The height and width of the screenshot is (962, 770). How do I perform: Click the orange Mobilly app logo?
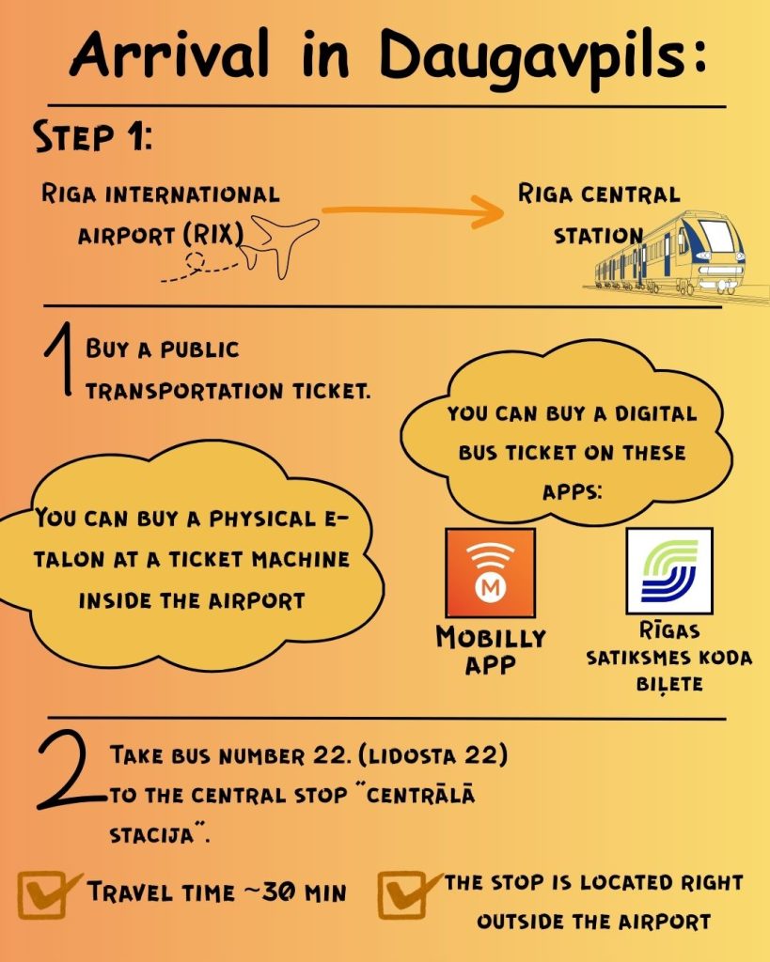[x=489, y=573]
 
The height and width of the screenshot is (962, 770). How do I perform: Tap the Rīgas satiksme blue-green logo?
[x=668, y=570]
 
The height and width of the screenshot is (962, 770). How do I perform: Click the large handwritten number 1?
[x=57, y=366]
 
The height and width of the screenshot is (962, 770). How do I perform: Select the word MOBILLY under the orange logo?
[x=490, y=638]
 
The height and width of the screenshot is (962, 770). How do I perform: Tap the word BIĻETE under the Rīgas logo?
[x=668, y=684]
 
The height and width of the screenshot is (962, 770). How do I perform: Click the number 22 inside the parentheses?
[x=491, y=754]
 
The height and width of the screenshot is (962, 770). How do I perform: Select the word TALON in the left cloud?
[x=68, y=559]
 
